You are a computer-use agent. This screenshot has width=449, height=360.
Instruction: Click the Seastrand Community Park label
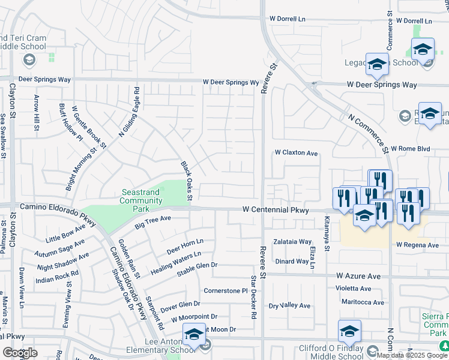(142, 196)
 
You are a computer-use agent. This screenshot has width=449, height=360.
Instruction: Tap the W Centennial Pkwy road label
(276, 210)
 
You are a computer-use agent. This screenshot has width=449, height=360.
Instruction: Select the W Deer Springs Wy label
(230, 82)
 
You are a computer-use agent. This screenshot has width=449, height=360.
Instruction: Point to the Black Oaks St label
(186, 180)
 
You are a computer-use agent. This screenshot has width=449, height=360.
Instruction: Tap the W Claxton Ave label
(296, 153)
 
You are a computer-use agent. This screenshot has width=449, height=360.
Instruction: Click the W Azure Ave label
(358, 276)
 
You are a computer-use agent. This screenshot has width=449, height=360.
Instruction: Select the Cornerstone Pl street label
(226, 290)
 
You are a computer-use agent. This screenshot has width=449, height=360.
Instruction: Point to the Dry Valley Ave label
(289, 305)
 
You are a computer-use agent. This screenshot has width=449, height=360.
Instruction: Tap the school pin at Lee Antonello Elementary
(194, 336)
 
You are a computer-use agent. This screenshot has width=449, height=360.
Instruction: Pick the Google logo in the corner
(20, 353)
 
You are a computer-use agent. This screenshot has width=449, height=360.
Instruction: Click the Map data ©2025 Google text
(412, 355)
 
